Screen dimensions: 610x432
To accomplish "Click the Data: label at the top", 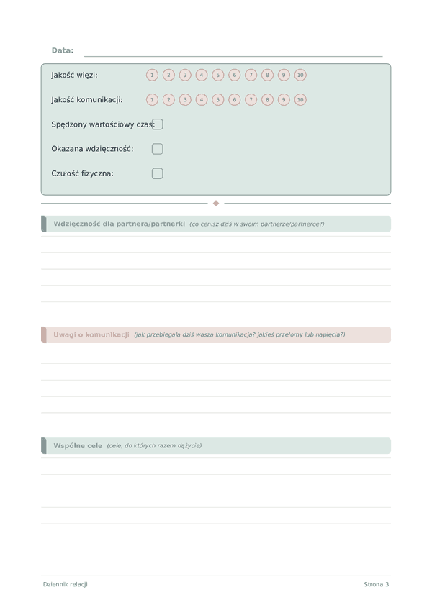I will (63, 50).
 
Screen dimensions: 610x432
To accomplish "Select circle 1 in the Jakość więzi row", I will (152, 75).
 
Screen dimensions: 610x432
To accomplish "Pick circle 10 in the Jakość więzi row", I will (300, 75).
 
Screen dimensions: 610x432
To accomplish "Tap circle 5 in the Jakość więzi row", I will (218, 75).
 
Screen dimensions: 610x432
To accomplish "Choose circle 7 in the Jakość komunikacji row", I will (251, 100).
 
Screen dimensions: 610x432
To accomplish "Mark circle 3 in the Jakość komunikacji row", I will (185, 100).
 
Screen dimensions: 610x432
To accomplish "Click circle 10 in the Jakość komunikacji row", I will (300, 100).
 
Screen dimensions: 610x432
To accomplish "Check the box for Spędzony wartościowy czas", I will (158, 124).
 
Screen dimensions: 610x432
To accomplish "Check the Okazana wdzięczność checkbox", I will (157, 149).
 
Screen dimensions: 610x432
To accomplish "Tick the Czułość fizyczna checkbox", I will (157, 173).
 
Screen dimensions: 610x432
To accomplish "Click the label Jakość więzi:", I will (74, 75).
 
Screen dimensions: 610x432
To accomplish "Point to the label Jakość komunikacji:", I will (87, 100).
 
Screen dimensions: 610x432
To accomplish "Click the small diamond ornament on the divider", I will (216, 204).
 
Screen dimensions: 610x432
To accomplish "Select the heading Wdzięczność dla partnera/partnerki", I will (119, 224).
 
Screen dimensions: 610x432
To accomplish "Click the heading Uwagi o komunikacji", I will (91, 334).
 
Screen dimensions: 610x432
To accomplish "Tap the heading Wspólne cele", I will (78, 445).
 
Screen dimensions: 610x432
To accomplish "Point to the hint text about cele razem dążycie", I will (154, 446).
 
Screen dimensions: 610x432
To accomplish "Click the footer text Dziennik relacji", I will (66, 584).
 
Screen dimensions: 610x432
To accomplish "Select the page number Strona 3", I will (376, 584).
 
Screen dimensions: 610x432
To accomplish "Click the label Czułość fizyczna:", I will (82, 173).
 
